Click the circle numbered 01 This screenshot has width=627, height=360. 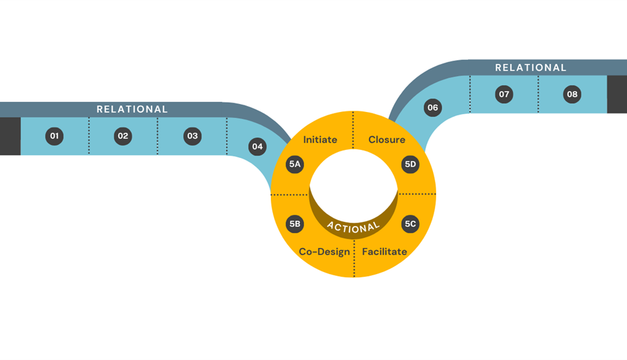pos(55,136)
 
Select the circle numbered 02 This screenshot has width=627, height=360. pos(123,136)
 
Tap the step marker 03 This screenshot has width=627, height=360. pos(192,136)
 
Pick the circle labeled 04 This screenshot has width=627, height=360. pos(257,147)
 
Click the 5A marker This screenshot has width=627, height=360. pos(295,164)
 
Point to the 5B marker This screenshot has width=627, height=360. pos(295,224)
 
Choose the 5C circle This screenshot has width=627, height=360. pos(410,224)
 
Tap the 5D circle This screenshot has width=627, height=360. pos(410,164)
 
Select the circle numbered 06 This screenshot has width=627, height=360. pos(433,107)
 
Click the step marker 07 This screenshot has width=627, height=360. pos(504,95)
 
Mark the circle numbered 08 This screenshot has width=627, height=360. pos(572,95)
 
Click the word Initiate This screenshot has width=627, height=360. pos(320,140)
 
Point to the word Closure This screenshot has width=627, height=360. pos(387,140)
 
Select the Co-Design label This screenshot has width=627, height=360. pos(324,252)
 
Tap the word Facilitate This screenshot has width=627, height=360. pos(384,252)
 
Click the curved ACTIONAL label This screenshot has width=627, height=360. pos(354,227)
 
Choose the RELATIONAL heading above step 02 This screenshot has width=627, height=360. pos(132,109)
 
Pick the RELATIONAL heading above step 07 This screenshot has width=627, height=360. pos(531,67)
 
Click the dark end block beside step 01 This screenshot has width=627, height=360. pos(10,136)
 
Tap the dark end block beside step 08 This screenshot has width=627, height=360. pos(617,95)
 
